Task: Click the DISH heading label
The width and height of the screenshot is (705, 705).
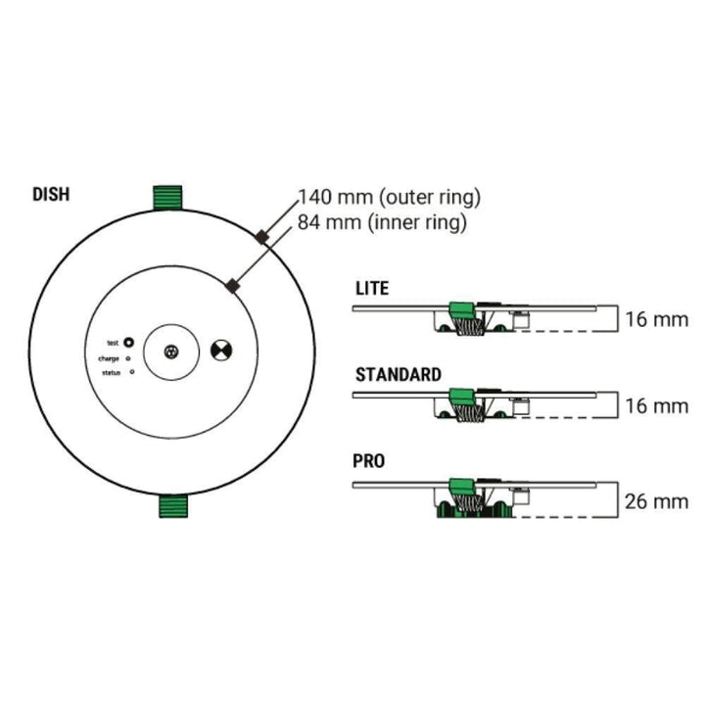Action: (51, 193)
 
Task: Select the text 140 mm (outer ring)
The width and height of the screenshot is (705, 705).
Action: (390, 198)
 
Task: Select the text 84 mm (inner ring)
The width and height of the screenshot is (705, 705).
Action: (382, 222)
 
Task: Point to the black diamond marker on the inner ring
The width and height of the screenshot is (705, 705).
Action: (232, 285)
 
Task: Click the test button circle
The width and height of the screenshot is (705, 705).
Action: (128, 343)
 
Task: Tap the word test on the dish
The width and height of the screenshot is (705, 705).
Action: (113, 343)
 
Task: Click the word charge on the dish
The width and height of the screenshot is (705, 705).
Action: (109, 358)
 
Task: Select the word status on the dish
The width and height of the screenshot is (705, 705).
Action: (110, 374)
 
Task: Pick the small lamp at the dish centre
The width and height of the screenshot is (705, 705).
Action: (173, 351)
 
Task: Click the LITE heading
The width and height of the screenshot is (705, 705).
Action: (372, 288)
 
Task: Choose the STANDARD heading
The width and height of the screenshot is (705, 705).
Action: (398, 374)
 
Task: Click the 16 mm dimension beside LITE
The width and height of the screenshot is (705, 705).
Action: (656, 319)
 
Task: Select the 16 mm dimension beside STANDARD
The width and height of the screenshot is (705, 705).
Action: (656, 404)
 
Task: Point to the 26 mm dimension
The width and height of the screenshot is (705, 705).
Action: (656, 501)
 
